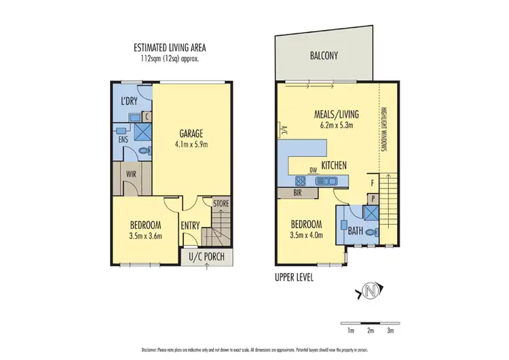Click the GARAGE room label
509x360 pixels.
pos(191,133)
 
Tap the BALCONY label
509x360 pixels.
pos(324,57)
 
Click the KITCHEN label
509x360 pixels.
pos(334,165)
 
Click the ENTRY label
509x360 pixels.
pos(190,226)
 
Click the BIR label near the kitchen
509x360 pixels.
pos(297,192)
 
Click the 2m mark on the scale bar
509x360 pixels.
pos(371,331)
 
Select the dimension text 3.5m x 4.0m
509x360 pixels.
pos(307,236)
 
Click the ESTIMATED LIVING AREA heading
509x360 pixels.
pos(170,48)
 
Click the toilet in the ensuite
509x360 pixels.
pos(143,150)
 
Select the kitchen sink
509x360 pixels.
pos(326,181)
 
